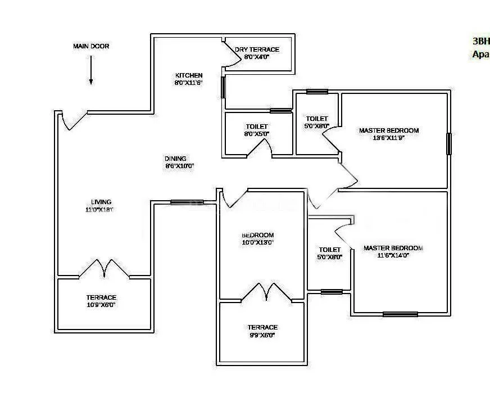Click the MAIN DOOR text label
tap(91, 46)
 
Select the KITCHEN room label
tap(189, 75)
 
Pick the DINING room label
tap(175, 159)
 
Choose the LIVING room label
tap(101, 202)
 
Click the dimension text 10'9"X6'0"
tap(101, 305)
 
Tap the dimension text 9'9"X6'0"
tap(262, 335)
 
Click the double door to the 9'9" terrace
tap(262, 292)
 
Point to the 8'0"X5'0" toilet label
tap(257, 127)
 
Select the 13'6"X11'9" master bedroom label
tap(389, 130)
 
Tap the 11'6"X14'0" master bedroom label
tap(393, 248)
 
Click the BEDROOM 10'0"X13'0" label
tap(257, 235)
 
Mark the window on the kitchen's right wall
tap(224, 88)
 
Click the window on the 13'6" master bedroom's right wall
tap(448, 143)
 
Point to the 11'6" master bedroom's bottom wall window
tap(400, 314)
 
